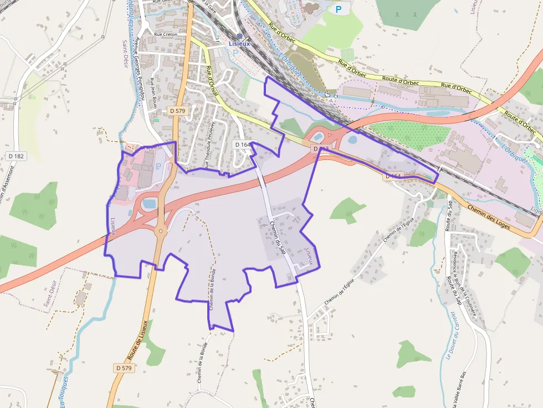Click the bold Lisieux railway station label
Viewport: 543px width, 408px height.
[x=240, y=44]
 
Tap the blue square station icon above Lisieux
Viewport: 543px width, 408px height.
[x=240, y=36]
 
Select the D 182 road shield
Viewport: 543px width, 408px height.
[x=16, y=156]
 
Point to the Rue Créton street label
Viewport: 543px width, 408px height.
[x=166, y=34]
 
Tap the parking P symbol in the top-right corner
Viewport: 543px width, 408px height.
[x=337, y=9]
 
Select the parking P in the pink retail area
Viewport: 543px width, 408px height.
[x=160, y=166]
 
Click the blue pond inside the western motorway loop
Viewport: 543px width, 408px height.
[x=148, y=204]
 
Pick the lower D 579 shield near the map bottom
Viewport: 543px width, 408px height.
[x=124, y=368]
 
